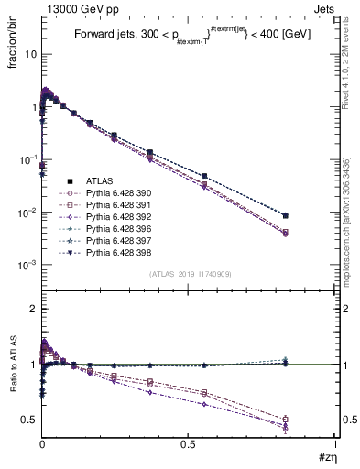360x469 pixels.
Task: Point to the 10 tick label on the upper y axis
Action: point(27,54)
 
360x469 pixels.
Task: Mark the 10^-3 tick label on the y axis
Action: point(24,265)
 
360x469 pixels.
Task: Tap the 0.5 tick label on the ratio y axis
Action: point(27,420)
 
